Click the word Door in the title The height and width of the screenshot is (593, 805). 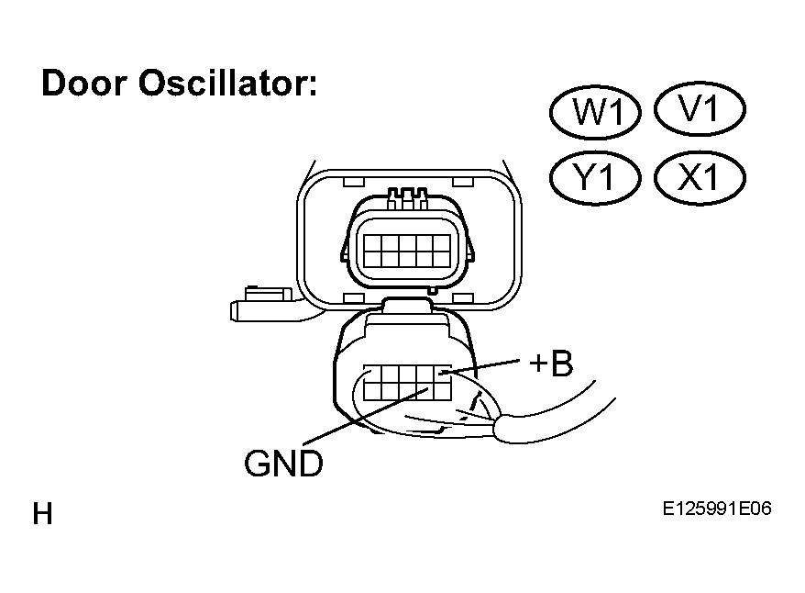pyautogui.click(x=84, y=83)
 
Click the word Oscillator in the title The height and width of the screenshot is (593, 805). pyautogui.click(x=228, y=83)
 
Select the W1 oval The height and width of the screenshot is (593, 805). pyautogui.click(x=596, y=112)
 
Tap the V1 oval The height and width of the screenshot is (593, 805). pyautogui.click(x=700, y=109)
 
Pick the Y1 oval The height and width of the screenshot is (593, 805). pyautogui.click(x=596, y=178)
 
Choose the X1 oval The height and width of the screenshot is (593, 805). pyautogui.click(x=700, y=178)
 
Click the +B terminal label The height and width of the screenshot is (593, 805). pyautogui.click(x=551, y=364)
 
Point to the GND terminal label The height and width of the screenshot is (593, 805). pyautogui.click(x=283, y=464)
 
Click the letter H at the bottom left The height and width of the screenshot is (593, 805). pyautogui.click(x=42, y=514)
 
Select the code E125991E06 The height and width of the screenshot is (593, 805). pyautogui.click(x=717, y=509)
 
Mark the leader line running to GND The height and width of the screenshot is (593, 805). pyautogui.click(x=366, y=416)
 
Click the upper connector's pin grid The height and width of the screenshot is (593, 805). pyautogui.click(x=407, y=251)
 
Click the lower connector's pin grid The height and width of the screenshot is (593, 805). pyautogui.click(x=407, y=383)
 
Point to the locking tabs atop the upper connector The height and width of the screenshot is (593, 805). pyautogui.click(x=408, y=199)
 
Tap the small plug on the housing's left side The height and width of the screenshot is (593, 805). pyautogui.click(x=262, y=305)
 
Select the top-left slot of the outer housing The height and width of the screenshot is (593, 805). pyautogui.click(x=353, y=182)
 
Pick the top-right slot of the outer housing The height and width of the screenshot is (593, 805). pyautogui.click(x=463, y=182)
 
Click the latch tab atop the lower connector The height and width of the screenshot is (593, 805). pyautogui.click(x=407, y=305)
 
